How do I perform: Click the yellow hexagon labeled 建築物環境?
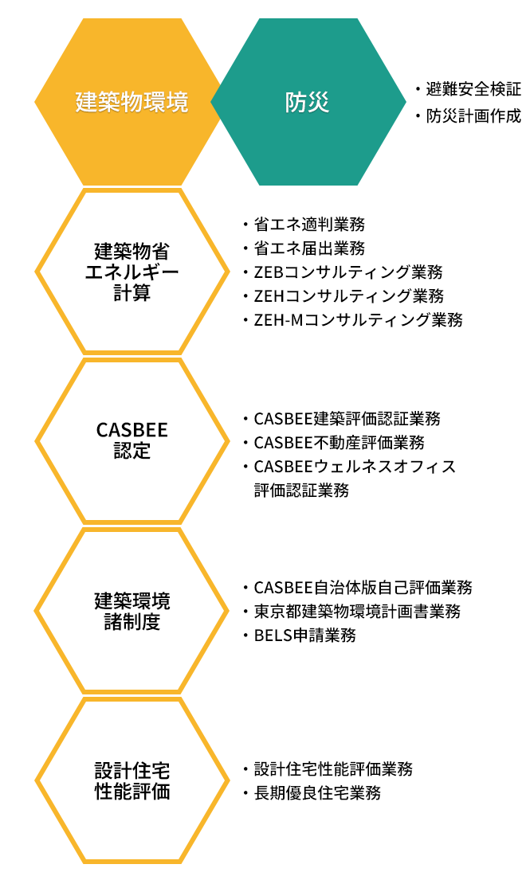[131, 103]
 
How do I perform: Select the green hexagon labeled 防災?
[307, 103]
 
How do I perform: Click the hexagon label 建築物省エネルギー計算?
[131, 272]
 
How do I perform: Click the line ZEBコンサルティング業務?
[348, 272]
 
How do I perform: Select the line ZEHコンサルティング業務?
[348, 295]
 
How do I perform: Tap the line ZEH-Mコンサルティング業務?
[358, 319]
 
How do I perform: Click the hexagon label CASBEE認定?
[131, 440]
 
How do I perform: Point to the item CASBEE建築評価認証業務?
[347, 418]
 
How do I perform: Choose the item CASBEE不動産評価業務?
[339, 442]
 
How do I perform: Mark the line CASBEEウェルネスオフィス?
[355, 466]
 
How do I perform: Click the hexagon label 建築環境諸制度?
[131, 611]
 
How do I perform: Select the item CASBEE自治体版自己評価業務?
[363, 588]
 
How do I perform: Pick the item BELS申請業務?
[304, 635]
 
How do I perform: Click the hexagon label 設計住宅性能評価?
[131, 781]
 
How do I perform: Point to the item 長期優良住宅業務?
[316, 793]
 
